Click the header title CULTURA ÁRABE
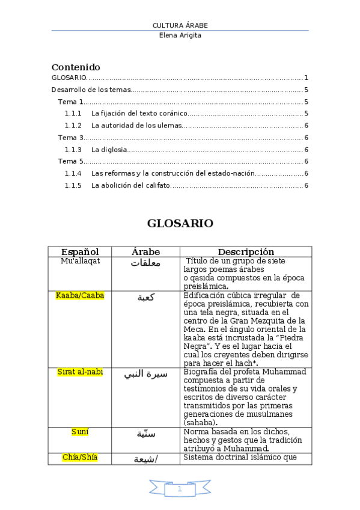(180, 25)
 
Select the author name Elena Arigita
(180, 35)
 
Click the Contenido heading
(76, 67)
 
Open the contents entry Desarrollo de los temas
(91, 90)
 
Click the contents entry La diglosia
(109, 150)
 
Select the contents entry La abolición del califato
(130, 185)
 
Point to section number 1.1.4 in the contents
(73, 173)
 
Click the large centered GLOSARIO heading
(180, 223)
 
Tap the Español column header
(80, 252)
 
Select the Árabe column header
(146, 252)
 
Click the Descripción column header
(246, 252)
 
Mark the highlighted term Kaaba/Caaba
(80, 295)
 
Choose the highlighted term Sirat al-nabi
(80, 372)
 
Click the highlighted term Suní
(80, 431)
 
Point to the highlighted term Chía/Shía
(80, 458)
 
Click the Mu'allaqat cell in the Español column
(80, 261)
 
